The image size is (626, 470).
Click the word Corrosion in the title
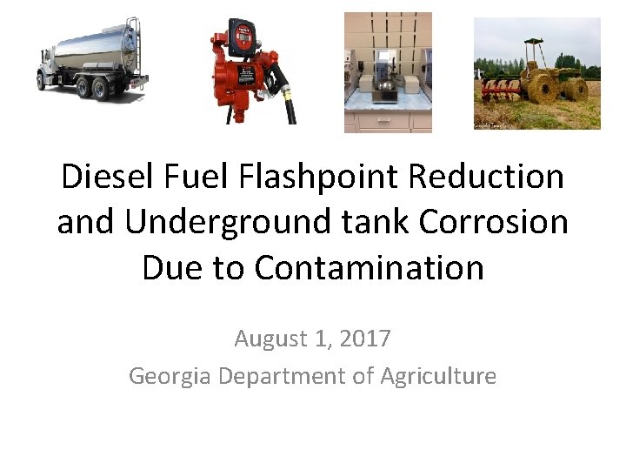click(x=493, y=222)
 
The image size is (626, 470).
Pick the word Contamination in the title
click(x=369, y=267)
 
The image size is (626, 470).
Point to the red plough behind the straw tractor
click(x=500, y=87)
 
